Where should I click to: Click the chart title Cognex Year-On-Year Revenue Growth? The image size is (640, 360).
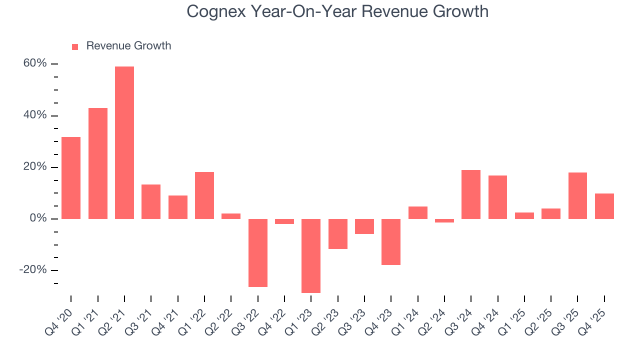[x=337, y=11]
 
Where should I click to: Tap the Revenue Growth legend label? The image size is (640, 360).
[x=128, y=46]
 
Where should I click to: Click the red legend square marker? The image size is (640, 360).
[x=75, y=46]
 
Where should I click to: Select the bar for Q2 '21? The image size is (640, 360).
[x=124, y=142]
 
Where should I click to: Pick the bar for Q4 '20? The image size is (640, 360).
[x=71, y=177]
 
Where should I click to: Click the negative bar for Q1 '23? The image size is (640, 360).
[x=311, y=255]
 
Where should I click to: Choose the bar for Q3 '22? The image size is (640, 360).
[x=258, y=252]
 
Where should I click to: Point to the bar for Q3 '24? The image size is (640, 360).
[x=471, y=194]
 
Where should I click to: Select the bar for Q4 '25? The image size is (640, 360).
[x=604, y=206]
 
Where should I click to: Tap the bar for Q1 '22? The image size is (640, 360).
[x=204, y=195]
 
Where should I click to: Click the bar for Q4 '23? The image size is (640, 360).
[x=391, y=241]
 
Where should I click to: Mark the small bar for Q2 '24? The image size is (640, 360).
[x=444, y=220]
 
